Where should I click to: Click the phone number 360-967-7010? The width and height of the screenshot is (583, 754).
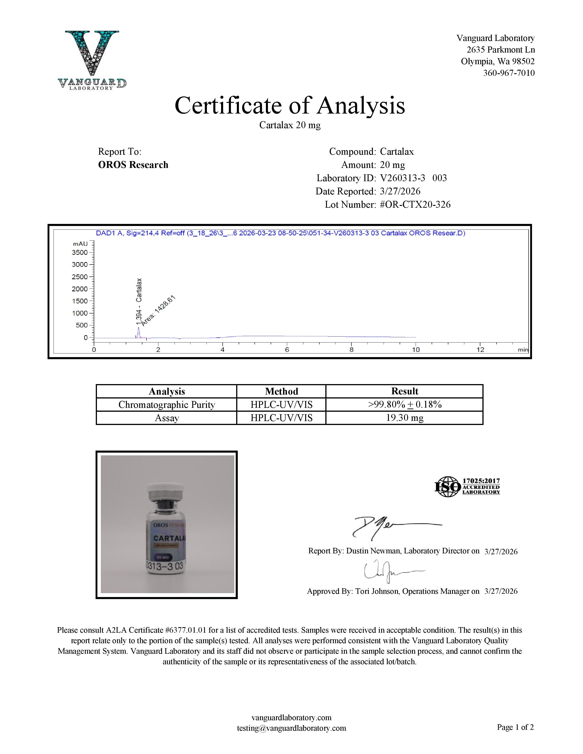point(509,73)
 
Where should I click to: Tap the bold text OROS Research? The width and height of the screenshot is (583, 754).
point(133,165)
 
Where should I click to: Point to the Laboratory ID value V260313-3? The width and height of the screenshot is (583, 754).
point(402,178)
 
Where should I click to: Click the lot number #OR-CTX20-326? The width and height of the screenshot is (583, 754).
point(415,205)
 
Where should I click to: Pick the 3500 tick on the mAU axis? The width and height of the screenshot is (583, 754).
point(80,252)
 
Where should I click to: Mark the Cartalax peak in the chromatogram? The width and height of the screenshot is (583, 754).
point(139,332)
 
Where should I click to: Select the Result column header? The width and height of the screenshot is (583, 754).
point(404,391)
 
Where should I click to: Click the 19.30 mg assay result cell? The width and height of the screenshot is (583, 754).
point(404,418)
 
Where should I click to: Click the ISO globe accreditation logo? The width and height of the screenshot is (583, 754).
point(448,486)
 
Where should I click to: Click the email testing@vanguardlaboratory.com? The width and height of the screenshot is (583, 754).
point(291,728)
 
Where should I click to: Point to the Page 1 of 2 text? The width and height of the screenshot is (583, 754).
point(515,727)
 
